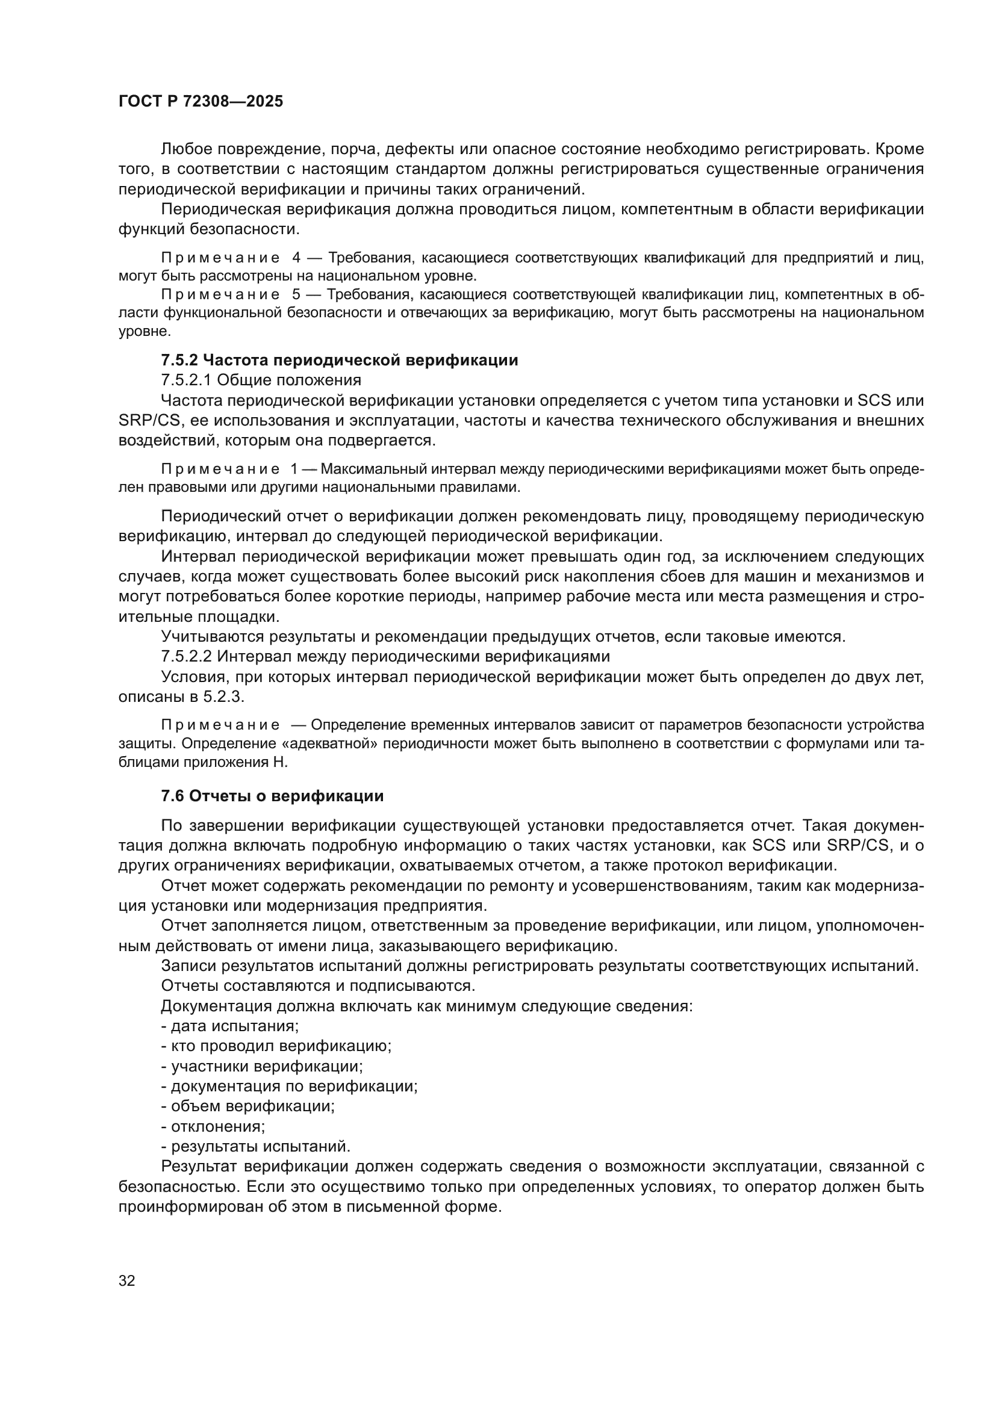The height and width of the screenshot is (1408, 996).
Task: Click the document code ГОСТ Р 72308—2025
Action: [x=201, y=102]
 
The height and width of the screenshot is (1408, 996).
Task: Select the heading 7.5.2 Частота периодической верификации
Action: [x=339, y=360]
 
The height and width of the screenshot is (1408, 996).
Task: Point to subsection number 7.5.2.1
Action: [x=187, y=380]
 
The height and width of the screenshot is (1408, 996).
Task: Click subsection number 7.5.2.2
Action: [x=187, y=657]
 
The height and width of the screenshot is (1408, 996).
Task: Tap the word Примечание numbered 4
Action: [x=220, y=258]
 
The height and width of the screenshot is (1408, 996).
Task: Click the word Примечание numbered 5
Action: [x=220, y=295]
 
